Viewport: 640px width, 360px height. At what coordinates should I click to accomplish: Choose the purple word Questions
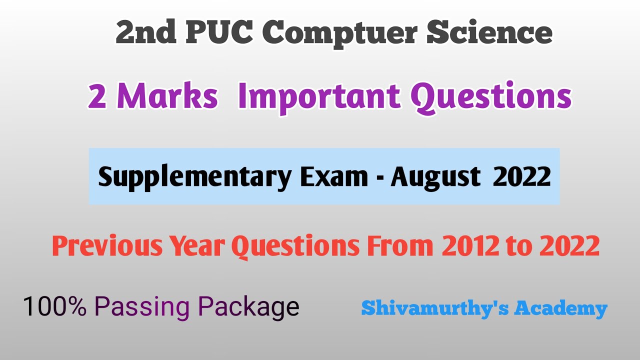490,96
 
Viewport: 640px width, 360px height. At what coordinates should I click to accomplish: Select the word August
435,177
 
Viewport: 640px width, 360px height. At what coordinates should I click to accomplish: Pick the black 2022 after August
522,176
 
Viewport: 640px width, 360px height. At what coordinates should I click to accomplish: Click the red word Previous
107,245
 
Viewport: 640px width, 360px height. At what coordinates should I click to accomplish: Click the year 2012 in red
470,245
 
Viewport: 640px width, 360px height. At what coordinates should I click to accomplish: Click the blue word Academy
560,308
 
